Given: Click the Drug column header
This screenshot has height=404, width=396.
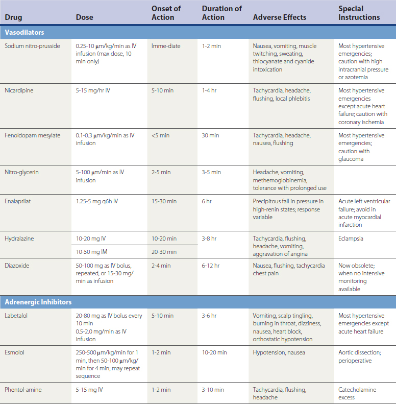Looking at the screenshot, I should click(13, 17).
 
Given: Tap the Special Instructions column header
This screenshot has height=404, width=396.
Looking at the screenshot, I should click(359, 13).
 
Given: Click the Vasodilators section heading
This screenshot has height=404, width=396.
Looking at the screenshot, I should click(24, 32).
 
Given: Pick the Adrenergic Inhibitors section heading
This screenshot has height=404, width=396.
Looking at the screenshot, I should click(38, 302).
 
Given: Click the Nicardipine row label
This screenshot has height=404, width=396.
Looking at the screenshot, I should click(20, 90).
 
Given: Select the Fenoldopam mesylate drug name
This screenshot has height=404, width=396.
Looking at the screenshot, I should click(32, 135).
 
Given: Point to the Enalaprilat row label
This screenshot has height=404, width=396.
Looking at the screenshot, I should click(18, 202).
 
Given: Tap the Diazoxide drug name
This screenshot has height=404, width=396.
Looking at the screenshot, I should click(17, 266).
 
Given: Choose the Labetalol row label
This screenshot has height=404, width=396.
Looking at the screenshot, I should click(17, 316).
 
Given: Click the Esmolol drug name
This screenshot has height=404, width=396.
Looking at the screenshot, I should click(14, 352).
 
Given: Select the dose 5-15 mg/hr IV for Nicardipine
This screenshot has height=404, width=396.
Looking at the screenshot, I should click(92, 90).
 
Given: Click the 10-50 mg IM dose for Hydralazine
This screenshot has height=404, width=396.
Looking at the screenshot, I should click(91, 252).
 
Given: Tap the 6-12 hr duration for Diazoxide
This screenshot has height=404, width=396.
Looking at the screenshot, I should click(212, 266).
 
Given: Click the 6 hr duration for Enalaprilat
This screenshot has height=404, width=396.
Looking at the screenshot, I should click(207, 202).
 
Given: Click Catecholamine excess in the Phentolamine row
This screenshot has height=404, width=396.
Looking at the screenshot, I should click(357, 393).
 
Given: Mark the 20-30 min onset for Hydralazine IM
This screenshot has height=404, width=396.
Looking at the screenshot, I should click(164, 252).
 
